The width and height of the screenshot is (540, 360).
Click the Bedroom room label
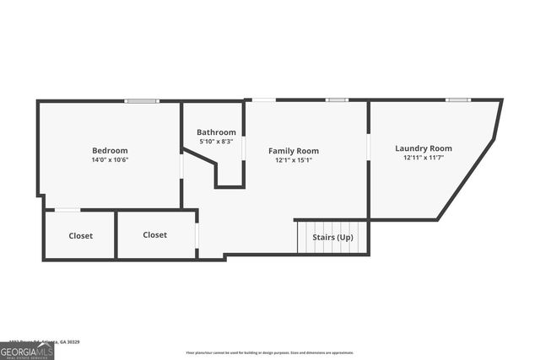[x=110, y=150]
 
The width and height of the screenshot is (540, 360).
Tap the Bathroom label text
[x=216, y=132]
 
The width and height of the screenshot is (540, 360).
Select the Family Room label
[x=294, y=151]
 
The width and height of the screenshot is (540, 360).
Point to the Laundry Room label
[x=424, y=148]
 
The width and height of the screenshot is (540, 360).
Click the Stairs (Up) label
[x=332, y=238]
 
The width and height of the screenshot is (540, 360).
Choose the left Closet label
[x=81, y=236]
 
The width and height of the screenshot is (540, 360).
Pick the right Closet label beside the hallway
[x=154, y=235]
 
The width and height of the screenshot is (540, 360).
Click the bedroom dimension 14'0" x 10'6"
[x=110, y=160]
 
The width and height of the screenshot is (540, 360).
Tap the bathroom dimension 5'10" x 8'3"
[x=216, y=142]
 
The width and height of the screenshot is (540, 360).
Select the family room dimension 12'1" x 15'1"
[x=294, y=160]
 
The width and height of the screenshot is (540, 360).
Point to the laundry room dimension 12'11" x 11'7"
[x=424, y=158]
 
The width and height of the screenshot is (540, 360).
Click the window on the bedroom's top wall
[x=142, y=101]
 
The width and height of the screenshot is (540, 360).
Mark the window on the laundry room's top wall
[x=458, y=100]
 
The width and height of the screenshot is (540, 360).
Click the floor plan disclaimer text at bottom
[x=269, y=353]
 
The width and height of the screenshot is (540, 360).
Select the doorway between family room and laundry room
[x=368, y=146]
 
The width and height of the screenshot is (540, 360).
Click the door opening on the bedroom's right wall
[x=181, y=165]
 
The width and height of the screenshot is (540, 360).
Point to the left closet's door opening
[x=67, y=210]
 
